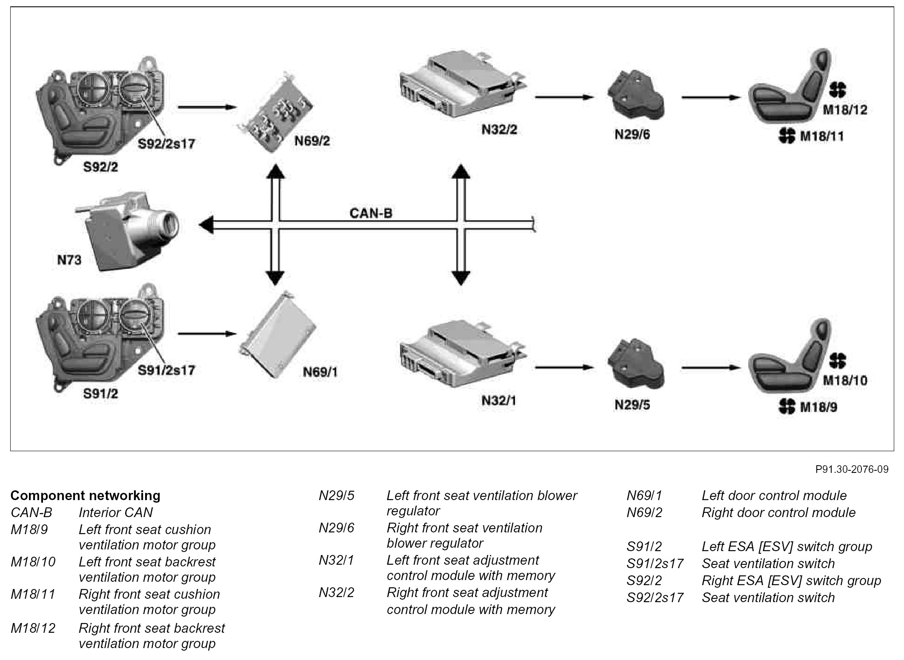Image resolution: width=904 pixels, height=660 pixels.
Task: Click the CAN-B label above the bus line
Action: [x=371, y=213]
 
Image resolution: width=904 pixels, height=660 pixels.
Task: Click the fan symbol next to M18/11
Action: [x=787, y=136]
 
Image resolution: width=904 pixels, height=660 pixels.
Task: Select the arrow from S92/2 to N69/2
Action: [x=207, y=107]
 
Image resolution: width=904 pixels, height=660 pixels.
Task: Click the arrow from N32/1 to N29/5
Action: [x=564, y=367]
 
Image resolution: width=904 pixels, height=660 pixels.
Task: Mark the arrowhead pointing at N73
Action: [x=206, y=224]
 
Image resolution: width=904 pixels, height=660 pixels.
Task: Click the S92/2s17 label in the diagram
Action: [x=166, y=144]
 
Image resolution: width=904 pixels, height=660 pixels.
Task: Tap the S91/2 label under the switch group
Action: [x=100, y=394]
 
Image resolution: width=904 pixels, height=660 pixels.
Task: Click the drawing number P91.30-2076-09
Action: [x=852, y=469]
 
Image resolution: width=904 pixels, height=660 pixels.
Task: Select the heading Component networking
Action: [x=86, y=495]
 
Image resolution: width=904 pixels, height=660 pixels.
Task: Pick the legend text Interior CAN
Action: [x=116, y=512]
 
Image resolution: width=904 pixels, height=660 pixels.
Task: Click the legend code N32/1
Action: [x=336, y=560]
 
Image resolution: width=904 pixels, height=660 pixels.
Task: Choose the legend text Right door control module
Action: [x=778, y=512]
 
